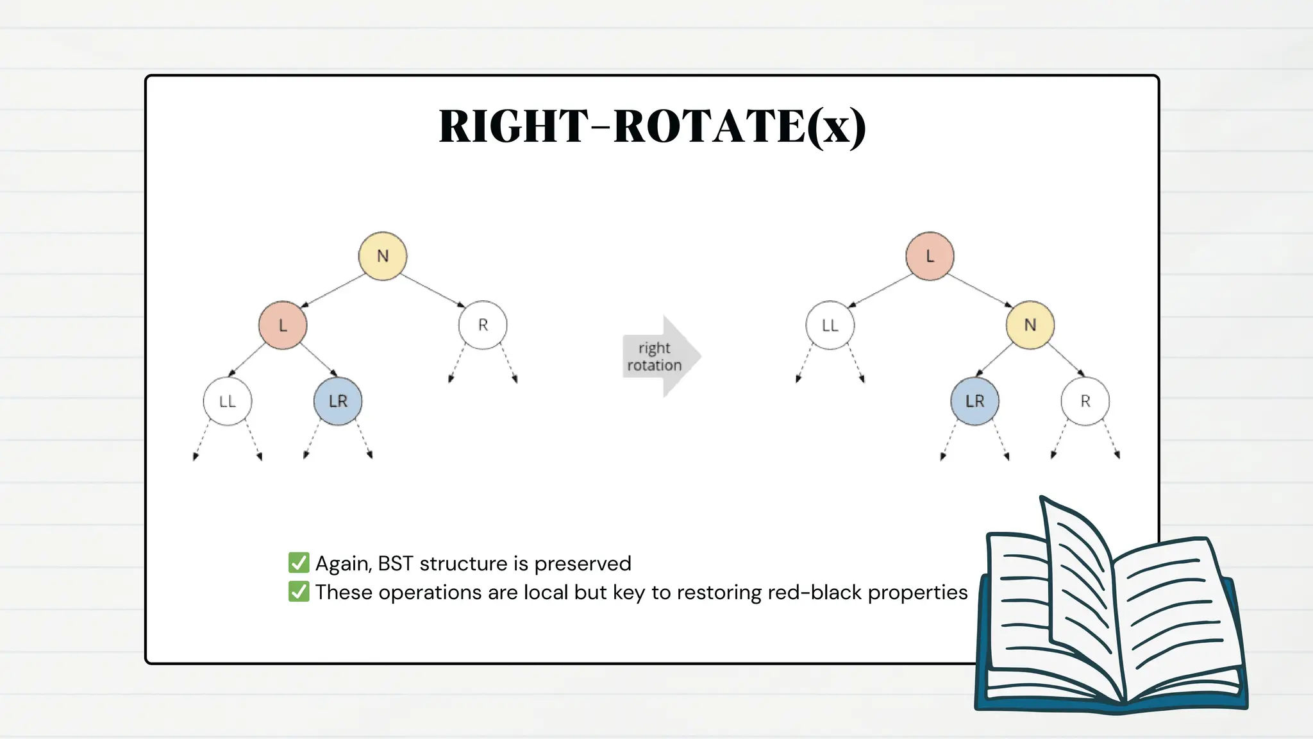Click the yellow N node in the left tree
(x=383, y=256)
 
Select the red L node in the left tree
(x=283, y=325)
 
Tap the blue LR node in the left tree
(x=338, y=401)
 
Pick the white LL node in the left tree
(x=228, y=401)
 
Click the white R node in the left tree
(x=483, y=325)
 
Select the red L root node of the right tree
(x=930, y=256)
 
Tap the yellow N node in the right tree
(x=1030, y=325)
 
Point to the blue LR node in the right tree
(x=974, y=401)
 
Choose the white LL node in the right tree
(x=830, y=325)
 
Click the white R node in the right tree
(x=1085, y=401)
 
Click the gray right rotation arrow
(x=660, y=357)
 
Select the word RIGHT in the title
(x=513, y=126)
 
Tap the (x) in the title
(x=837, y=127)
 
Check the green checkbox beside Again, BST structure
(x=299, y=563)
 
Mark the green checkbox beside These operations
(x=299, y=591)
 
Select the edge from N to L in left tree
(x=333, y=291)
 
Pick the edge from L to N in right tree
(x=980, y=291)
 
